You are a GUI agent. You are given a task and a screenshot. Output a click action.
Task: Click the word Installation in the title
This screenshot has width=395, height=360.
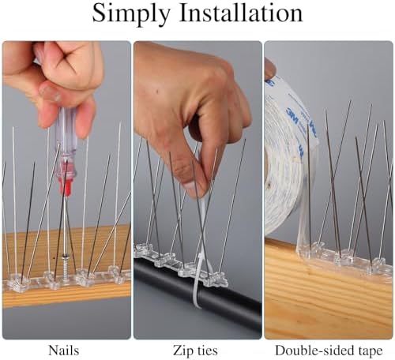(x=241, y=14)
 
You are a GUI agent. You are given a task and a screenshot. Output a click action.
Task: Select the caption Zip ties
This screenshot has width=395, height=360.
(x=197, y=349)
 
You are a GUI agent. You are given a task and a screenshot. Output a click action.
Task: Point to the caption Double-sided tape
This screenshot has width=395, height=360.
(x=329, y=349)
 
